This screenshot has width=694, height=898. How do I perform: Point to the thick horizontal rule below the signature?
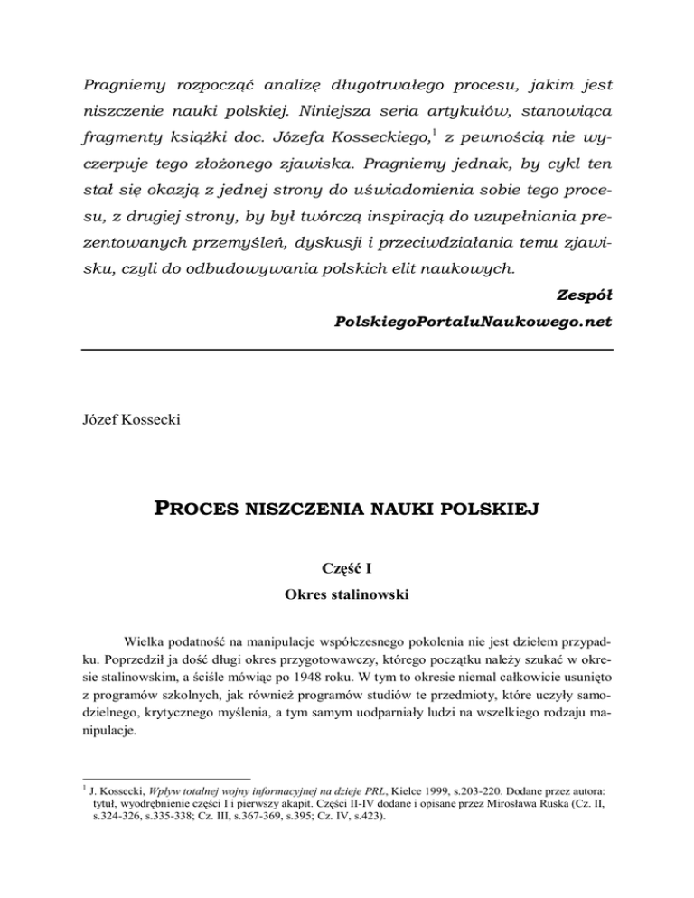point(347,350)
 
